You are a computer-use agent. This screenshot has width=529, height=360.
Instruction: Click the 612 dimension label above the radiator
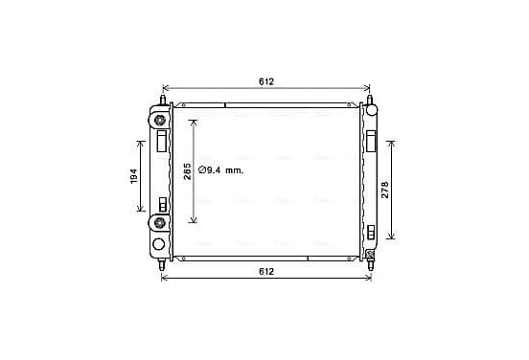[x=266, y=81]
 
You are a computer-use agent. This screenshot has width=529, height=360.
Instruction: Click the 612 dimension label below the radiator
[x=266, y=271]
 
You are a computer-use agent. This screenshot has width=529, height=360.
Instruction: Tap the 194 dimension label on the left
[x=134, y=176]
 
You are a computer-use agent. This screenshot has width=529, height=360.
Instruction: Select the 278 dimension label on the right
[x=385, y=190]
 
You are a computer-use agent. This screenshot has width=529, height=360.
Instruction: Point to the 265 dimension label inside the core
[x=187, y=171]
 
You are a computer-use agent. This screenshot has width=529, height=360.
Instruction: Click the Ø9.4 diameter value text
[x=210, y=170]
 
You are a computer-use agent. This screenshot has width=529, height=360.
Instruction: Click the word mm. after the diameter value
[x=234, y=170]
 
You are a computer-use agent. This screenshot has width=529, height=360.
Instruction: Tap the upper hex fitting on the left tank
[x=159, y=120]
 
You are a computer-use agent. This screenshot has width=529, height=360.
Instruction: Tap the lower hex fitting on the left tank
[x=159, y=222]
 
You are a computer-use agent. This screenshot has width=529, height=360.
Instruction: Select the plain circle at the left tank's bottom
[x=158, y=244]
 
